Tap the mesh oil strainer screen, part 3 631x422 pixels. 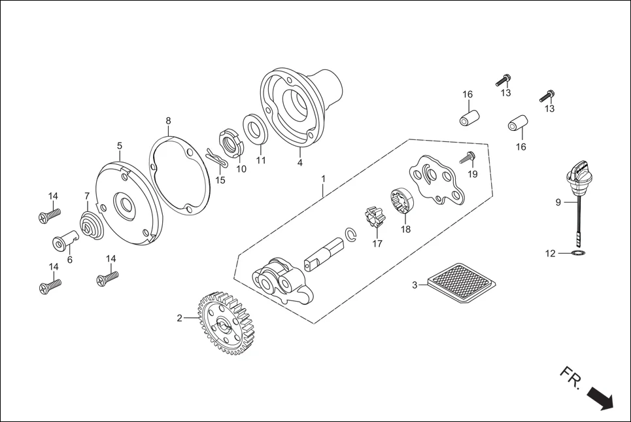pos(462,283)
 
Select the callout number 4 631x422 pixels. pos(299,163)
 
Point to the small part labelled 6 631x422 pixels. pos(64,243)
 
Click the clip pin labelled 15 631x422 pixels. pos(216,158)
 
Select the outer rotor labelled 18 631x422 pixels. pos(404,202)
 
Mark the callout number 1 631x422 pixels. pos(322,178)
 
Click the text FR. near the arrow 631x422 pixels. pos(570,376)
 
